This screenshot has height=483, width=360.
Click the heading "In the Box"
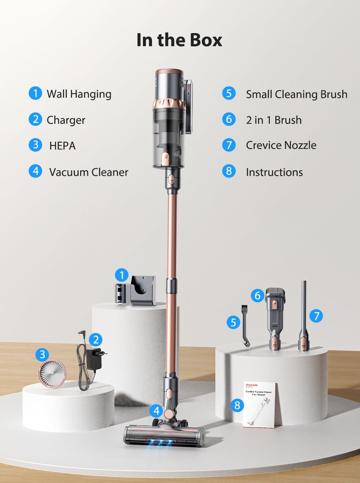[x=179, y=40]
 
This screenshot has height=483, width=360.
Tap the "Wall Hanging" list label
[x=79, y=94]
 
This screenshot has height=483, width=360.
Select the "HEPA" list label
[x=62, y=146]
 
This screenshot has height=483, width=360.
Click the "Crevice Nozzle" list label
[x=281, y=145]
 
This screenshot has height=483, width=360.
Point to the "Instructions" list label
[x=274, y=172]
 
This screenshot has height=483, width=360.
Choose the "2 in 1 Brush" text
[x=274, y=120]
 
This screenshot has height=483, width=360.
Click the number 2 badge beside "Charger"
[x=35, y=119]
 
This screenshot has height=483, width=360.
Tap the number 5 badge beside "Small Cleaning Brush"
[x=229, y=93]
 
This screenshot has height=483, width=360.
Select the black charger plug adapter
[x=94, y=359]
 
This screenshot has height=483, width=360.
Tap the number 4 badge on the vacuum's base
[x=156, y=411]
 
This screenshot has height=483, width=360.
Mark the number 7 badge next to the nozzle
[x=316, y=316]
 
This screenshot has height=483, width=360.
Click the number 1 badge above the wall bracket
[x=121, y=275]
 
